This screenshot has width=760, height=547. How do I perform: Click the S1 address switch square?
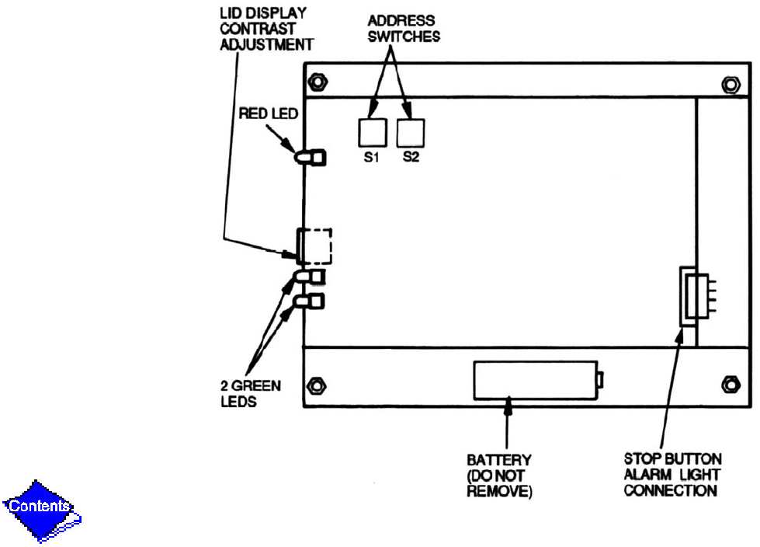pos(371,133)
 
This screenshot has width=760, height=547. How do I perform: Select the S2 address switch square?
pos(411,133)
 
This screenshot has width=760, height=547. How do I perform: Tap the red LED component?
pos(310,157)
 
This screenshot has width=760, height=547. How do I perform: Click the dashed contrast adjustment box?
pos(314,245)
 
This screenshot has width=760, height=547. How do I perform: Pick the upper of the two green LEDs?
pos(310,277)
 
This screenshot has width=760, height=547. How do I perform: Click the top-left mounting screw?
pos(317,82)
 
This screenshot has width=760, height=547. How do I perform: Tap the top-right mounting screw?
pos(730,82)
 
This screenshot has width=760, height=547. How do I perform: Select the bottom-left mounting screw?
pos(316,385)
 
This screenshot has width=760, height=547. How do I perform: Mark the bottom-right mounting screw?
pos(730,384)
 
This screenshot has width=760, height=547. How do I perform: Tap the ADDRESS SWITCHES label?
pos(401,29)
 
